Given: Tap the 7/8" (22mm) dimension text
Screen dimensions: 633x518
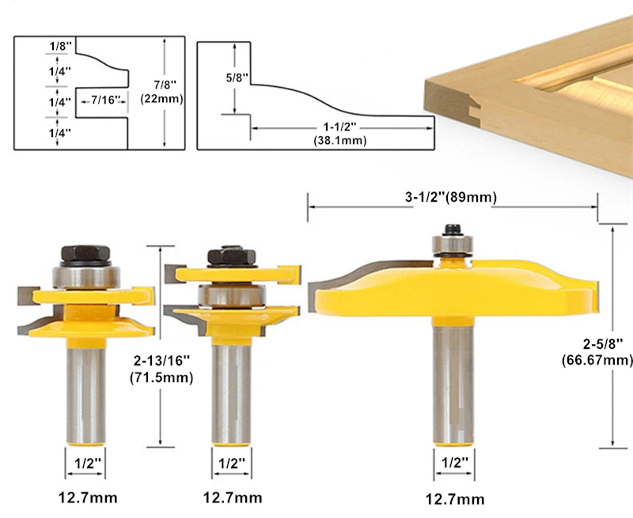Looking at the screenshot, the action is [162, 92].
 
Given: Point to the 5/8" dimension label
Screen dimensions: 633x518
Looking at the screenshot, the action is [237, 78].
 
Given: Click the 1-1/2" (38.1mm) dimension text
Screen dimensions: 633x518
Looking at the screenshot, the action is [340, 134].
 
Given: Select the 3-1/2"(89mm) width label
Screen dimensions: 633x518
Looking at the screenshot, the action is [451, 197].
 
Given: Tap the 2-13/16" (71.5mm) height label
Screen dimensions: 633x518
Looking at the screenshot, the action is [161, 369].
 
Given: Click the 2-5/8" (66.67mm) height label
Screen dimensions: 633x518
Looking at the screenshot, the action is [597, 352].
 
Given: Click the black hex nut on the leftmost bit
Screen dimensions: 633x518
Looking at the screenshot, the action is [85, 253].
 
